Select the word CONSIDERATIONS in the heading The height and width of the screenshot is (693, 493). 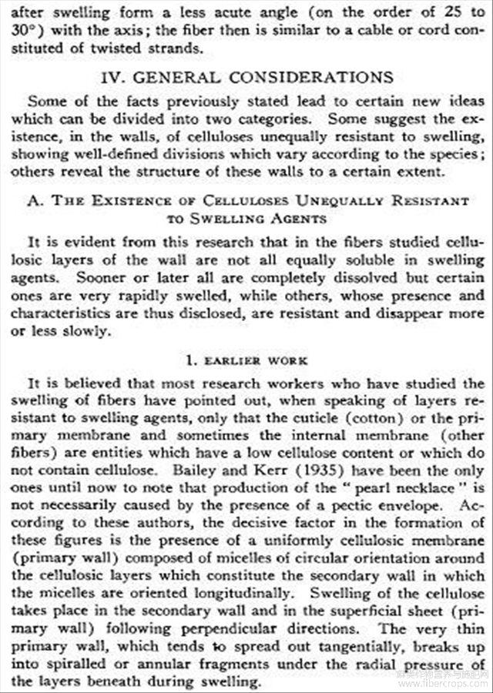click(x=317, y=78)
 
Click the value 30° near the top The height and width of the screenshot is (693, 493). click(x=22, y=31)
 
